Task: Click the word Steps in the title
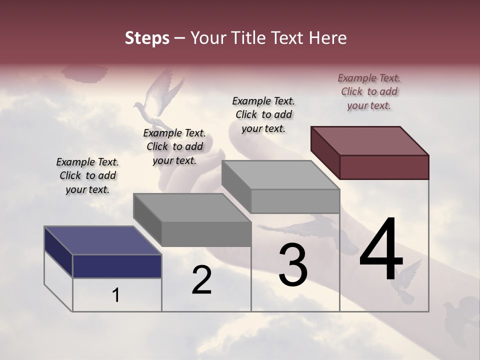click(x=147, y=38)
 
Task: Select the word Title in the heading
click(x=249, y=38)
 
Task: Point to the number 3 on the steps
click(x=293, y=265)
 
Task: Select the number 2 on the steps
click(x=202, y=280)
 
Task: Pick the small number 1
click(x=116, y=295)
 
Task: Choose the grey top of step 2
click(x=192, y=207)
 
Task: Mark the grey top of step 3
click(x=280, y=175)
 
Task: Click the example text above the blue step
click(x=87, y=175)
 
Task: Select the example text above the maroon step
click(x=369, y=91)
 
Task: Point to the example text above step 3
click(x=263, y=114)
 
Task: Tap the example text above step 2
click(x=174, y=146)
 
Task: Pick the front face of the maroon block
click(x=384, y=167)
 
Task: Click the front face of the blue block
click(x=117, y=266)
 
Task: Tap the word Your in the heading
click(x=209, y=38)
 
